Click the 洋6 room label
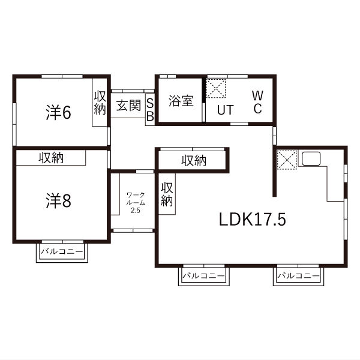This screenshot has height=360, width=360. tap(59, 113)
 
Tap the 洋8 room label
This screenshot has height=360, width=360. tap(59, 200)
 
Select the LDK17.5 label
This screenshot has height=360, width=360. tap(253, 220)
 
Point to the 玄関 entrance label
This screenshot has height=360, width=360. tap(128, 106)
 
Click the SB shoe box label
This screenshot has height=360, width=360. tap(150, 110)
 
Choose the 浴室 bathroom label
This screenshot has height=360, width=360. tap(181, 101)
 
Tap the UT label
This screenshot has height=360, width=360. tap(226, 110)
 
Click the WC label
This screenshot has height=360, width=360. tap(257, 102)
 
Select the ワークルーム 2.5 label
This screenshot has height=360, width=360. tap(136, 203)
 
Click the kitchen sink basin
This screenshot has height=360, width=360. tap(311, 158)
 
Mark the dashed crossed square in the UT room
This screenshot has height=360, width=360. tap(216, 88)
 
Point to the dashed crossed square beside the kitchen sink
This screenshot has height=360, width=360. tap(287, 160)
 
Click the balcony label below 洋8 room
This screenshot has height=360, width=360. tap(62, 251)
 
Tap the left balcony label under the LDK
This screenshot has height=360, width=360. tap(204, 275)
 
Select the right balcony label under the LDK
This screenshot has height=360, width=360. tap(298, 275)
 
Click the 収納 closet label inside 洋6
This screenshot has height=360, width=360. tap(100, 103)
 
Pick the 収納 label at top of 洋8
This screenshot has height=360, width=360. tap(51, 158)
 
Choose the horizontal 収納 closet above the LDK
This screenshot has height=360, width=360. tap(194, 160)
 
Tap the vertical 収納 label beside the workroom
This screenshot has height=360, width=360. tap(167, 194)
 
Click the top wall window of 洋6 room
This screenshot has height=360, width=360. tap(62, 76)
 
